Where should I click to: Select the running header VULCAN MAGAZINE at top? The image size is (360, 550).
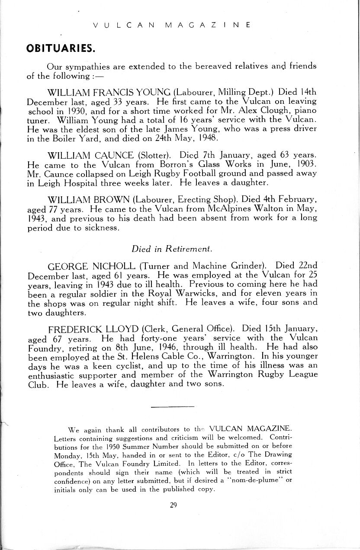(x=172, y=25)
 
